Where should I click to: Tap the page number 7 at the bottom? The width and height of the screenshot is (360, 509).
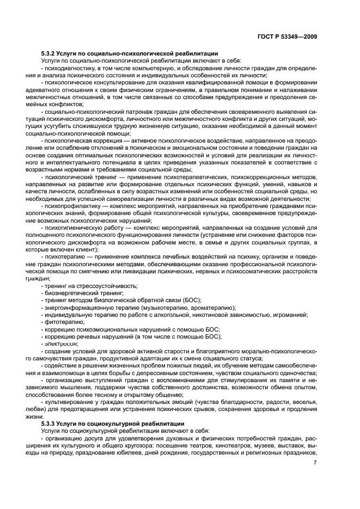coord(315,462)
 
